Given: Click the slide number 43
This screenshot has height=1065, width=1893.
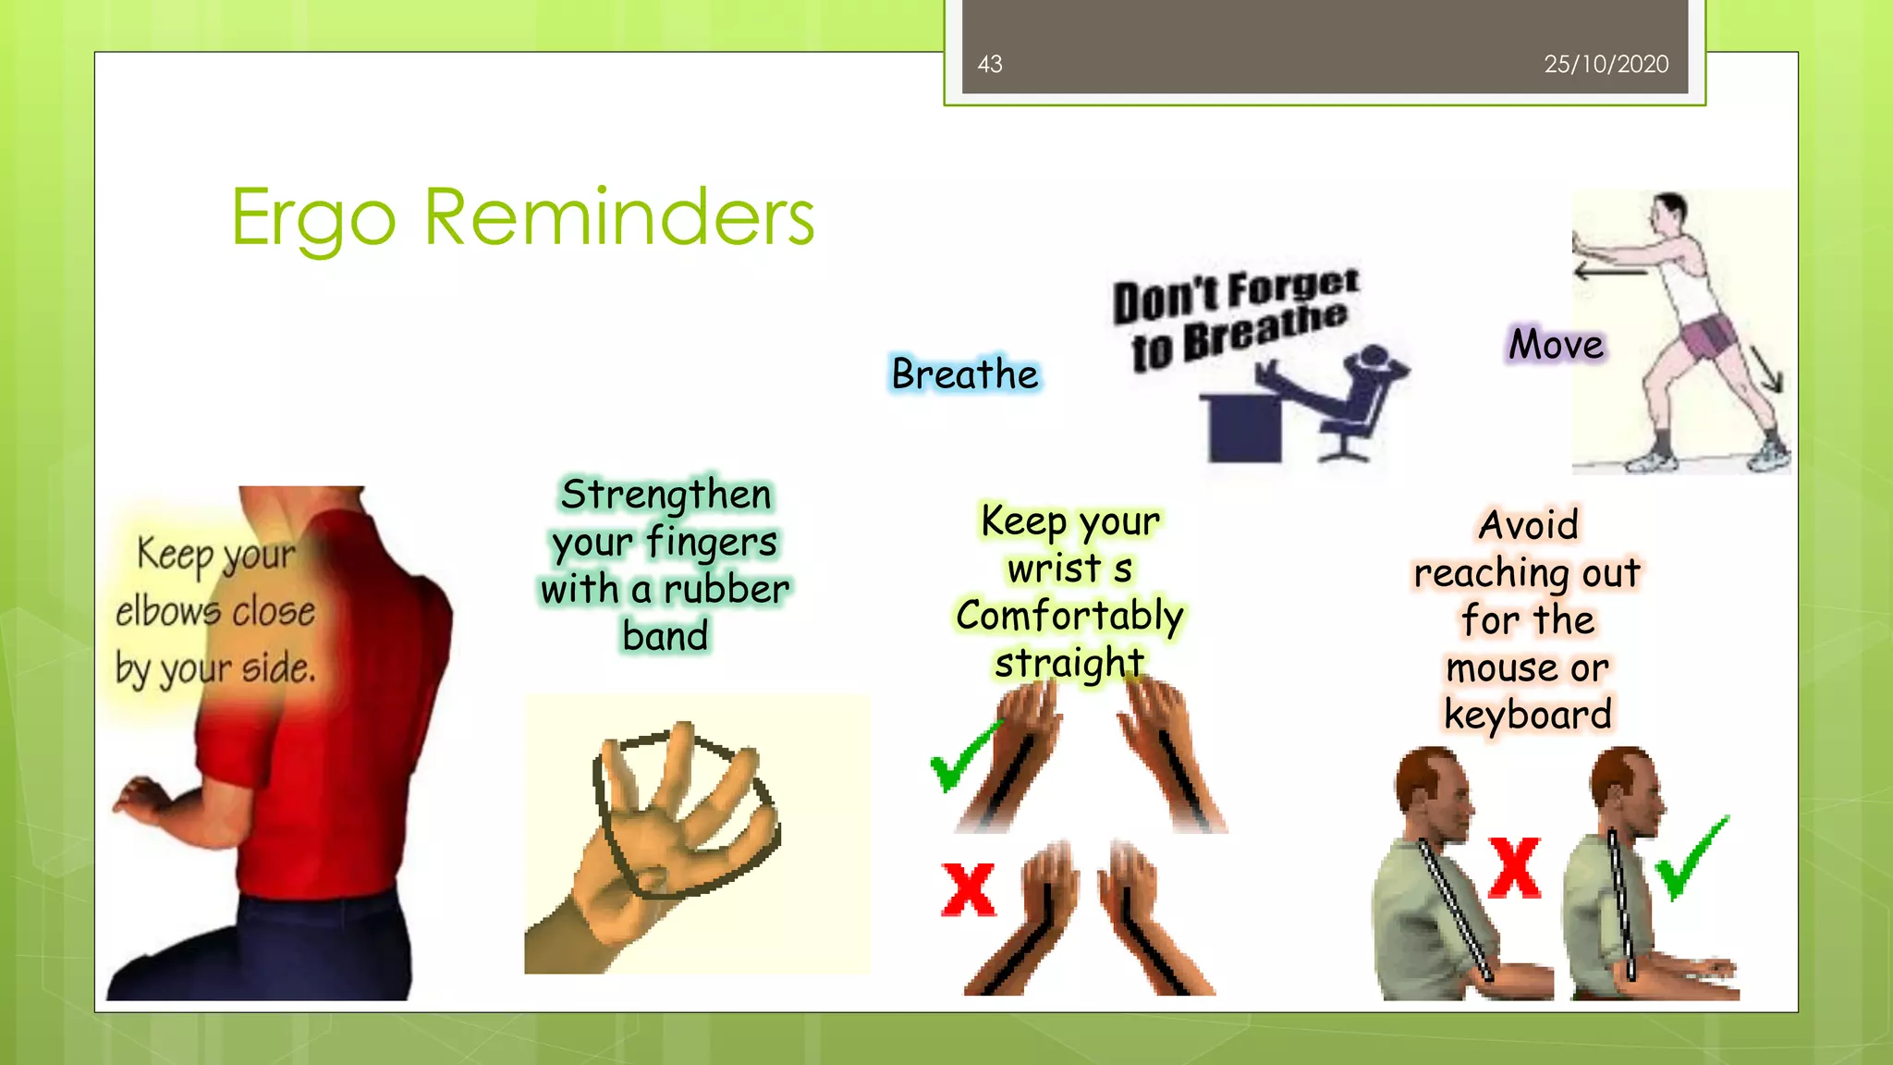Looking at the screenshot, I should (x=989, y=64).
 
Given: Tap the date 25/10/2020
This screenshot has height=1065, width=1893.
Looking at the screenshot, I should (x=1606, y=64).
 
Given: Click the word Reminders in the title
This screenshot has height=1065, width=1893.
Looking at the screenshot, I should (x=618, y=217).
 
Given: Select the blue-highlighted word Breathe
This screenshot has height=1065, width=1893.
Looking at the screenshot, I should (x=965, y=374).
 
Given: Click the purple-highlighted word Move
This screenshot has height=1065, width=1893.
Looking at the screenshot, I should (x=1556, y=345).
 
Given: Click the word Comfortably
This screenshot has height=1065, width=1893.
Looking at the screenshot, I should (x=1069, y=616).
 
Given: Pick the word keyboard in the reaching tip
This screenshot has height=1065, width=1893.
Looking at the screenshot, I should (x=1527, y=715).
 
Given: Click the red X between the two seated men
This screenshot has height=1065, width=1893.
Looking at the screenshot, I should (x=1514, y=868).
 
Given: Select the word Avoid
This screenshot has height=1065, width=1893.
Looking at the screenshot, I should (x=1528, y=525).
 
